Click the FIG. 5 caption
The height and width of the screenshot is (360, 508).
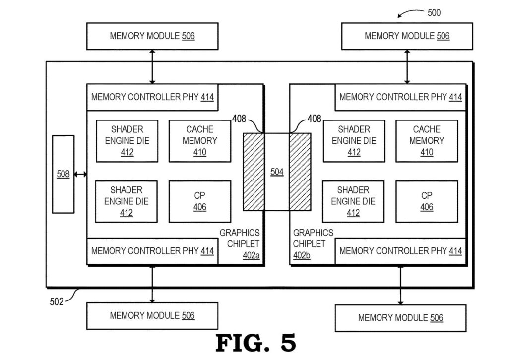point(255,343)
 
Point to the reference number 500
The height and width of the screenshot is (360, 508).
point(434,13)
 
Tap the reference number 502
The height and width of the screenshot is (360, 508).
point(57,301)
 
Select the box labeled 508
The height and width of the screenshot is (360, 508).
point(63,174)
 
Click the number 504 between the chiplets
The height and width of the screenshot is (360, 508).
point(277,172)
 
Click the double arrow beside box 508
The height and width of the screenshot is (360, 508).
point(80,174)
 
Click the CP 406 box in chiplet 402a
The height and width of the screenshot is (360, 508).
point(200,201)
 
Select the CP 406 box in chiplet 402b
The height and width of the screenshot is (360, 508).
point(427,201)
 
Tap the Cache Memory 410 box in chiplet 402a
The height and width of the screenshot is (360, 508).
point(200,141)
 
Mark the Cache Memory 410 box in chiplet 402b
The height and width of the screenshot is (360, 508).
point(427,141)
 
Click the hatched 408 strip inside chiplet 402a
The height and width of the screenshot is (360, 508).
point(253,172)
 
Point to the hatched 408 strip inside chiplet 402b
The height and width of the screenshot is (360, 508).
point(300,172)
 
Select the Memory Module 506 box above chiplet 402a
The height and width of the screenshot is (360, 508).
point(152,36)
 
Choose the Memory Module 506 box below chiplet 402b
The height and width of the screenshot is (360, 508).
point(400,318)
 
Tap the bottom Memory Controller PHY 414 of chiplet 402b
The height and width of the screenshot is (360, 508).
point(401,251)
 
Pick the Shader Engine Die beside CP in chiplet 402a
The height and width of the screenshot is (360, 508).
point(127,201)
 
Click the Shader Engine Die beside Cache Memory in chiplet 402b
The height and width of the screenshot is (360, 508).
point(354,141)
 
